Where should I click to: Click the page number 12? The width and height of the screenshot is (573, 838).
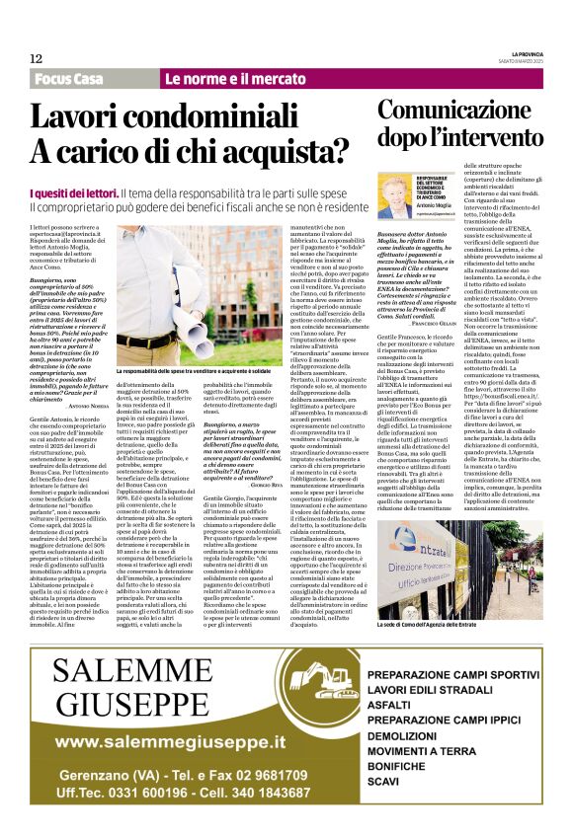click(x=36, y=58)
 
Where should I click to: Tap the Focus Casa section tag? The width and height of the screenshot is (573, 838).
click(x=68, y=79)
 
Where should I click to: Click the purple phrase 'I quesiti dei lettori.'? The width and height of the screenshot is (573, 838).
click(x=70, y=195)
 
